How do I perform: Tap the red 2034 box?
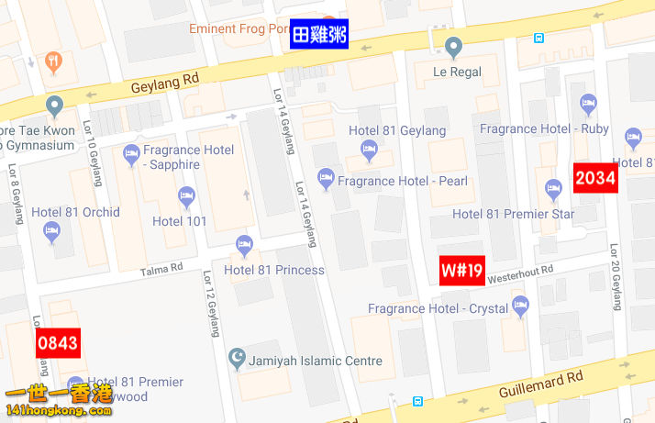(594, 178)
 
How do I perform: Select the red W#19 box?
(461, 271)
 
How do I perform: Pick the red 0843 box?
(57, 344)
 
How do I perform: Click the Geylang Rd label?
(165, 81)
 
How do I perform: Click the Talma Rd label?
(161, 269)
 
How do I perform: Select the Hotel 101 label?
(179, 221)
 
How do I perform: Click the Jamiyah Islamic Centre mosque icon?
(238, 355)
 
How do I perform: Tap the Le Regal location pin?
(453, 46)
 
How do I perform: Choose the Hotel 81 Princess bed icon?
(244, 244)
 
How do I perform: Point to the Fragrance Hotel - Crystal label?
(438, 309)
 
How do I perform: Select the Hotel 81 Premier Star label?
(513, 215)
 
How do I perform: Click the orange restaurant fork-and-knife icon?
(54, 61)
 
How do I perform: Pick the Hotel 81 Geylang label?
(397, 131)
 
